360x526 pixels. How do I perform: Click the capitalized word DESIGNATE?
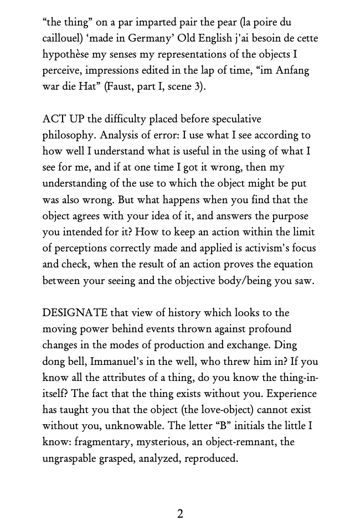(x=75, y=313)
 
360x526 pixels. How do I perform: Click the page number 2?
(x=180, y=514)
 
